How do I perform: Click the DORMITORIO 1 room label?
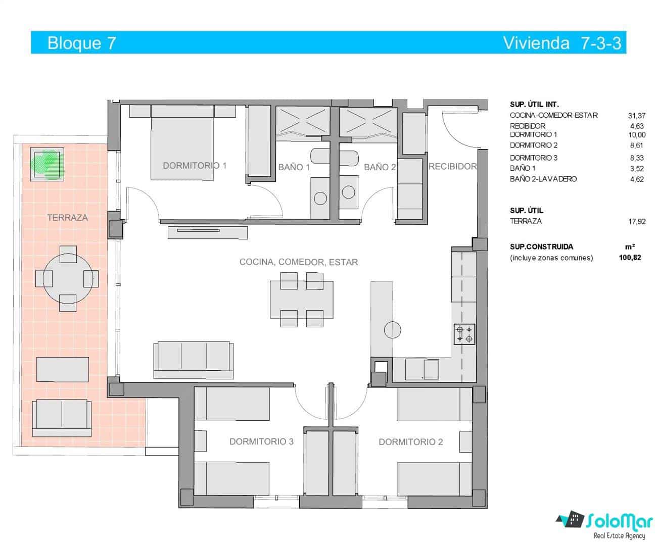point(195,166)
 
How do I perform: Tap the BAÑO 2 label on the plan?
point(380,167)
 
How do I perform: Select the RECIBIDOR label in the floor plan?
point(452,166)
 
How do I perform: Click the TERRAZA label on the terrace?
point(67,218)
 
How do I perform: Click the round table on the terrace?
point(67,278)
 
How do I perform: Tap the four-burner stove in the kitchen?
point(464,334)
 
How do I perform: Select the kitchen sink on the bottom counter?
point(431,369)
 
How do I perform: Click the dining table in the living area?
point(302,300)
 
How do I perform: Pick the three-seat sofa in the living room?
point(194,359)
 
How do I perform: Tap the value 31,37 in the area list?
point(636,116)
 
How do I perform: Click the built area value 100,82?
point(630,258)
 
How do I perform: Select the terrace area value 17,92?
point(636,221)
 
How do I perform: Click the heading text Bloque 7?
point(81,43)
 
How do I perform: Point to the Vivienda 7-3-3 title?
point(561,43)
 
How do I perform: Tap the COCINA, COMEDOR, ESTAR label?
point(298,262)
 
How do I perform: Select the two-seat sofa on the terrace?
point(62,418)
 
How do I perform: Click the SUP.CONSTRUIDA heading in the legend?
point(541,247)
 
